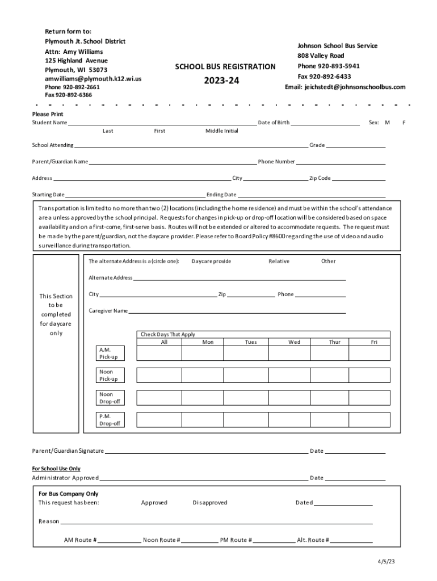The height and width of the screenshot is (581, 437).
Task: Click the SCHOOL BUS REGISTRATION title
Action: tap(225, 67)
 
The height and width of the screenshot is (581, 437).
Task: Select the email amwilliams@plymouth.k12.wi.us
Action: tap(93, 79)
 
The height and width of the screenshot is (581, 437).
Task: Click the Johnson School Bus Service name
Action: tap(338, 45)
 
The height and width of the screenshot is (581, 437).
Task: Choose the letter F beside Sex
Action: tap(404, 123)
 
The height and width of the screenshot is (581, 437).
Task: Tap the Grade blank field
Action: tap(355, 145)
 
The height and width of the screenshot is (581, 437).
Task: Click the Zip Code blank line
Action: tap(358, 178)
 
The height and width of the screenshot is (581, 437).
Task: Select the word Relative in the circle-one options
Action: tap(279, 262)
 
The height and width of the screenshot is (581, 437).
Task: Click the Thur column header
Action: tap(335, 342)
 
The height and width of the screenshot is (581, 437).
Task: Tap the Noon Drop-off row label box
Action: tap(110, 398)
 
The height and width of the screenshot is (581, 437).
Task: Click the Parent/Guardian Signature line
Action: tap(205, 451)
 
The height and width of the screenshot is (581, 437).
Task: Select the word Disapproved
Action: tap(210, 503)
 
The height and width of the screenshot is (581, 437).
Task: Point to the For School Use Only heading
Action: tap(56, 469)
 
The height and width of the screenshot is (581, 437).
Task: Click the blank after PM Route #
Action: tap(274, 540)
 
